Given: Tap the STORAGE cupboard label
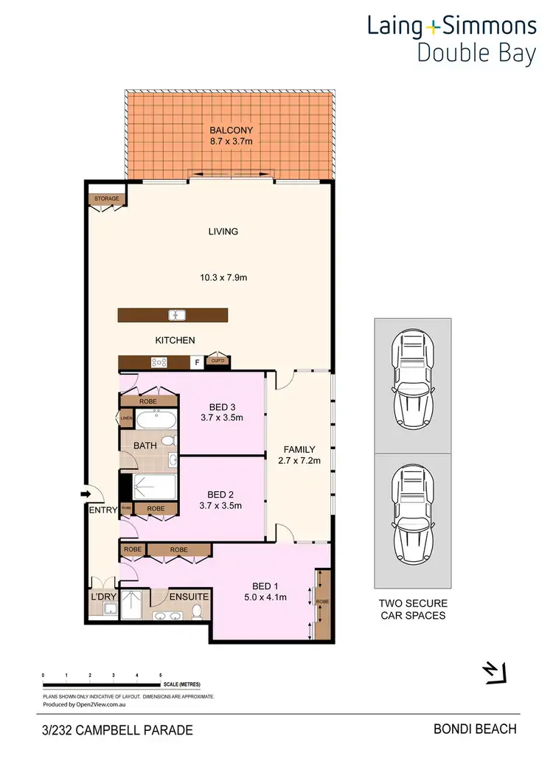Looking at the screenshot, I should coord(104,198).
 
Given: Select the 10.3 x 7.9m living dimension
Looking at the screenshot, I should coord(223,278).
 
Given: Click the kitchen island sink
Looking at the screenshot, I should coord(176,316).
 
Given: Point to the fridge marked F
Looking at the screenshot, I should coord(197,362).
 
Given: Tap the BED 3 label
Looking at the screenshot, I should coord(222,404).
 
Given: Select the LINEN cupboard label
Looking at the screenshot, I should coord(125,420).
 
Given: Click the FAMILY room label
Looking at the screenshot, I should coord(299,449).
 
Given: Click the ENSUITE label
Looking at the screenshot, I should coord(189,596).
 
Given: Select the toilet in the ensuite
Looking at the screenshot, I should coord(197,611).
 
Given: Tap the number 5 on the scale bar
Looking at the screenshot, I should coord(160,676).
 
